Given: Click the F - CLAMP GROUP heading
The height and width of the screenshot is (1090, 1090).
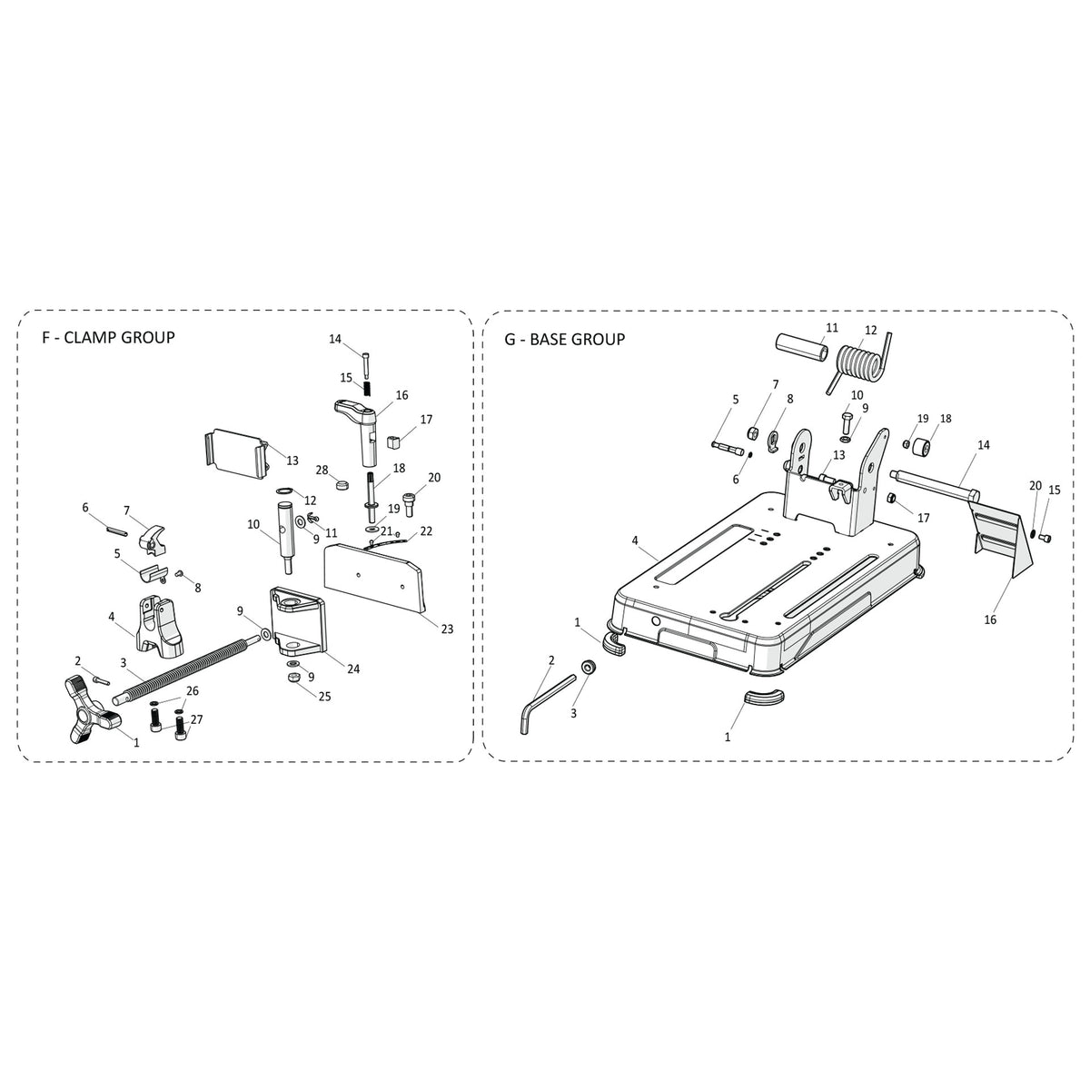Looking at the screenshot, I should click(x=108, y=338).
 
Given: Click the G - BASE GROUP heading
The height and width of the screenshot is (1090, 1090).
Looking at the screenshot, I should click(x=564, y=340).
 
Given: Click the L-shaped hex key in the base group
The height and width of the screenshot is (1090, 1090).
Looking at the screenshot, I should click(x=545, y=694).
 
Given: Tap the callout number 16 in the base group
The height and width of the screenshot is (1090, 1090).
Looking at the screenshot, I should click(x=990, y=619).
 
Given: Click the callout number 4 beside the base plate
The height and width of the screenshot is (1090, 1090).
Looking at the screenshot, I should click(x=635, y=540).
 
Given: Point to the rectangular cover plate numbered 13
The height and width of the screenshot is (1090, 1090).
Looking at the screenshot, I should click(x=234, y=452).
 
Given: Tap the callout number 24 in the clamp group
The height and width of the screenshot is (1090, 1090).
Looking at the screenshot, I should click(x=352, y=669).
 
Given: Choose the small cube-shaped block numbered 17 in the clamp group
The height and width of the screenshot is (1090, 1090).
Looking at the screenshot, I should click(x=394, y=441).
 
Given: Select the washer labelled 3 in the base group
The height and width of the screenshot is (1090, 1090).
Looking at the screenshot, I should click(x=588, y=669).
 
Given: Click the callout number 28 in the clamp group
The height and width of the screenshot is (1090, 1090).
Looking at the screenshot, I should click(x=322, y=470).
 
